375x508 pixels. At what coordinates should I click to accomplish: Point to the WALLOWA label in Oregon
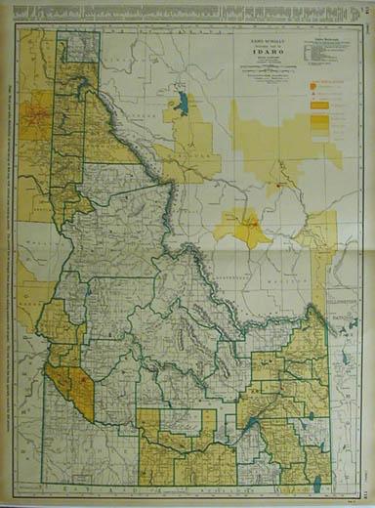click(34, 233)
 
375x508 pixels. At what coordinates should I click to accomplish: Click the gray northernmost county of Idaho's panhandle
click(77, 47)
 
